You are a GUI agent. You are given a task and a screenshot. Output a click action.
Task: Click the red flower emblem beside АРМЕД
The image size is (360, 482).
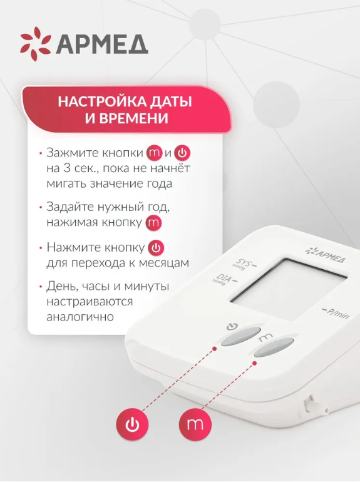(x=35, y=44)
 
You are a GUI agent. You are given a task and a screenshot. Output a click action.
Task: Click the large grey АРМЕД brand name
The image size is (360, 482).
(x=102, y=44)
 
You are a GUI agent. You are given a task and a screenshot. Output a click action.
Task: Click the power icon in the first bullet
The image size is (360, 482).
(x=182, y=153)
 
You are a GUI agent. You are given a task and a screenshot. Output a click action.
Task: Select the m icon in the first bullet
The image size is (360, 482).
(x=154, y=153)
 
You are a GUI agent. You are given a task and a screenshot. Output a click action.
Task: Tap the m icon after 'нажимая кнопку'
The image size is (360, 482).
(x=153, y=223)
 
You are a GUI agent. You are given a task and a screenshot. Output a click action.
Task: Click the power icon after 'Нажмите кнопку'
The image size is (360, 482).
(x=156, y=248)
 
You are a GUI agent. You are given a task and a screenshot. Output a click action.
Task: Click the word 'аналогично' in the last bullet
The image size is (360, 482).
(x=80, y=317)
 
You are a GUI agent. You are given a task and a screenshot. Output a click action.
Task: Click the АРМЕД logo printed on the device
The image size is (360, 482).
(x=326, y=255)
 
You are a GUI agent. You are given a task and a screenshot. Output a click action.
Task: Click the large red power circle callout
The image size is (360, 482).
(x=132, y=424)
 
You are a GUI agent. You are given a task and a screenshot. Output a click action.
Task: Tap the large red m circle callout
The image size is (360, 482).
(x=195, y=424)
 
